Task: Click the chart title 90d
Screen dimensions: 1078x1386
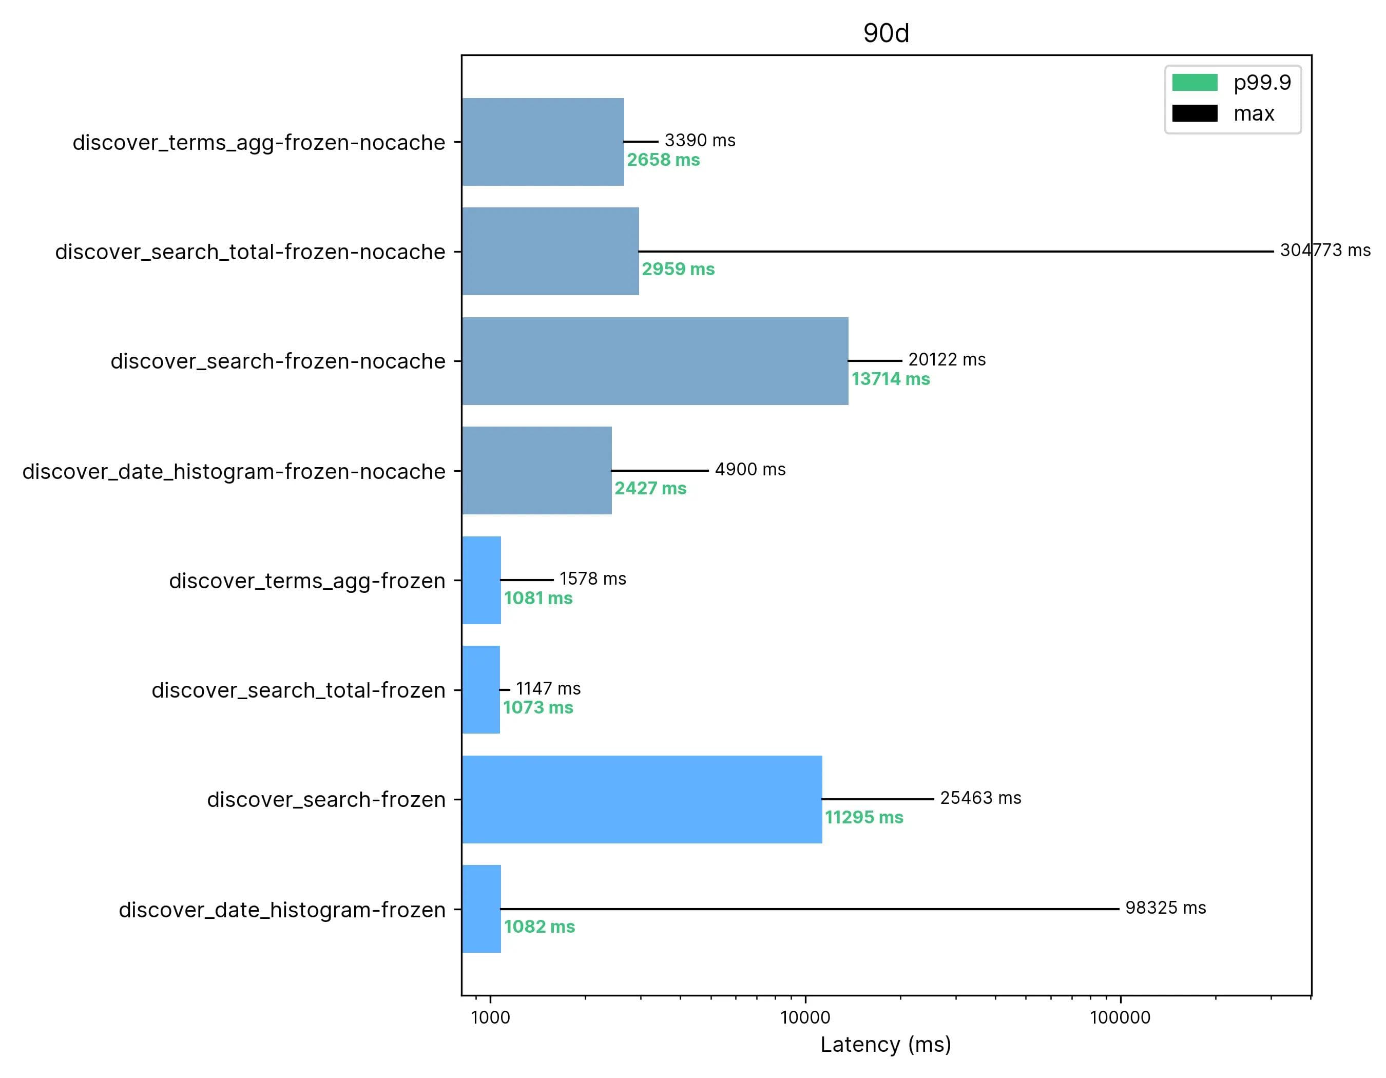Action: point(886,33)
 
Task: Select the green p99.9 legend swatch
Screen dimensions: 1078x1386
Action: point(1195,83)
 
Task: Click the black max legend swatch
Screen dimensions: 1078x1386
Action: point(1195,113)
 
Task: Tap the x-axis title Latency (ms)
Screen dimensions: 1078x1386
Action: point(886,1044)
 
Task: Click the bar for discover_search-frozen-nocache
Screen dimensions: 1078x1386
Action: point(655,361)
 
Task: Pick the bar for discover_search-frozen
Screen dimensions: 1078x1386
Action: point(642,799)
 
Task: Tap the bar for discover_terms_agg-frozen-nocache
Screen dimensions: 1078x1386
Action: point(543,142)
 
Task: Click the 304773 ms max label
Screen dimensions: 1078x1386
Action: point(1325,250)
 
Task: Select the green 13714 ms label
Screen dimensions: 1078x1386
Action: point(890,379)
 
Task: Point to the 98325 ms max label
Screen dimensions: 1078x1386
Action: point(1165,908)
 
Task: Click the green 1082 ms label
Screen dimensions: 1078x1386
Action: point(540,927)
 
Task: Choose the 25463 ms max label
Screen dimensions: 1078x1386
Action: point(980,798)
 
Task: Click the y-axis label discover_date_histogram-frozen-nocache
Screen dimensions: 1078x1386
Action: point(234,471)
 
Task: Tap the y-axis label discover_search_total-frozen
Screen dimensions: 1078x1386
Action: point(298,690)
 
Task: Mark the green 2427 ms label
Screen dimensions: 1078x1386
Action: point(650,488)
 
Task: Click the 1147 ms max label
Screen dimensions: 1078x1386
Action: point(548,688)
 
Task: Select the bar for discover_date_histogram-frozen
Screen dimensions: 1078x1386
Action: point(482,909)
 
